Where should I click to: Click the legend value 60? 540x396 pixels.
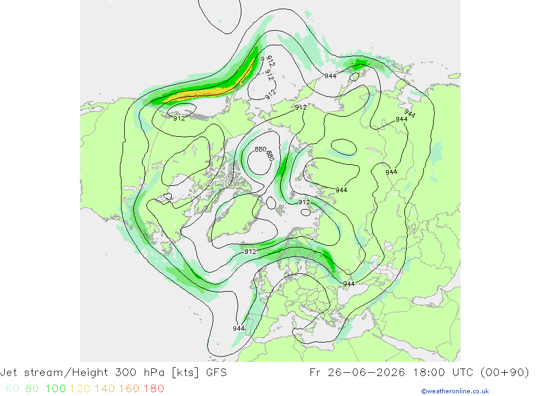pos(12,389)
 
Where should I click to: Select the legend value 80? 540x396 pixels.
pos(32,389)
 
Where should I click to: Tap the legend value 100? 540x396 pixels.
pos(56,389)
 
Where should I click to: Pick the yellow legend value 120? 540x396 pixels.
pos(80,389)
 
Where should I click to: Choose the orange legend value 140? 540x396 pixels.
pos(105,389)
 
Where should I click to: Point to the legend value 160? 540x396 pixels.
pos(129,389)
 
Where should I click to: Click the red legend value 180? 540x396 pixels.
pos(153,389)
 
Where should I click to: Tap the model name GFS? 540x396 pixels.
pos(217,373)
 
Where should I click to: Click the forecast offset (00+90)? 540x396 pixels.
pos(504,373)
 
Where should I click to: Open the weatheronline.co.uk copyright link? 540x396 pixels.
pos(455,391)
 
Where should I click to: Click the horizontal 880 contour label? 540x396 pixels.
pos(260,149)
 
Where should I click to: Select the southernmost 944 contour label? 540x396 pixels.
pos(239,328)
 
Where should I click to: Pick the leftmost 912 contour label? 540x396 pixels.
pos(179,118)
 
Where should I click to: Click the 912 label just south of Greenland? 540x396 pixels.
pos(251,252)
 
